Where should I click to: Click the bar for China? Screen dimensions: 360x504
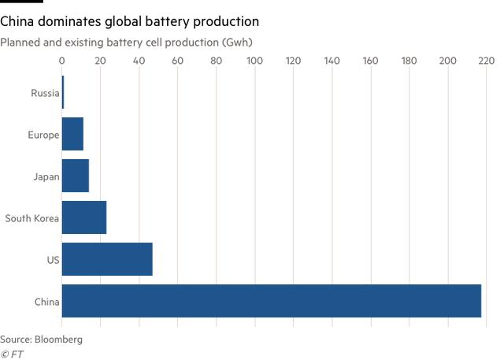tap(271, 301)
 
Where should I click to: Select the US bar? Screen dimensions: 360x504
tap(107, 259)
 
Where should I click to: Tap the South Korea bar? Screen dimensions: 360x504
tap(84, 217)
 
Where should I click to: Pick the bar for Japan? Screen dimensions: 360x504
tap(76, 176)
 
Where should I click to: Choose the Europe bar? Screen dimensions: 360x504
tap(72, 134)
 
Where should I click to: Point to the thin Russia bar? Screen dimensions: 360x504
tap(63, 93)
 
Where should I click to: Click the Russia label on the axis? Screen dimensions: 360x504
tap(45, 93)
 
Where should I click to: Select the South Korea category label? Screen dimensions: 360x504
tap(32, 218)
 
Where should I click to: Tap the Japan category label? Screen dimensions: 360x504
tap(46, 176)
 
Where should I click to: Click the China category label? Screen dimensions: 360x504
tap(46, 302)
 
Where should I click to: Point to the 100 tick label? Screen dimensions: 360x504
tap(254, 61)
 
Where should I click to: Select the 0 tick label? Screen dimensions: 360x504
tap(62, 61)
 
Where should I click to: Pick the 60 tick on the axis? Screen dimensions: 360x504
tap(177, 61)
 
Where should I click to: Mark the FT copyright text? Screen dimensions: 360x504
tap(13, 354)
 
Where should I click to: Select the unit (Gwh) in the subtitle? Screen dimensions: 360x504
tap(236, 40)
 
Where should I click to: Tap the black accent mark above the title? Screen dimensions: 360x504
tap(21, 2)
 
